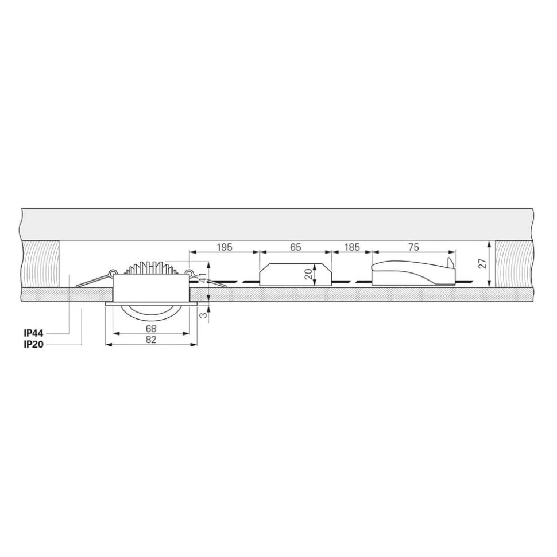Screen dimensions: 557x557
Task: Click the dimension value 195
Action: [225, 247]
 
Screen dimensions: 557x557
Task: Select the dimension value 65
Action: [296, 247]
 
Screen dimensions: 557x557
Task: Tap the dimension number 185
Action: [352, 247]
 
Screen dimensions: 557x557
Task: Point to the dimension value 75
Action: [413, 247]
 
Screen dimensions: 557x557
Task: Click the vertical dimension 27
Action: [483, 263]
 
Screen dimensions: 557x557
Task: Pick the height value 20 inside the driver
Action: [308, 274]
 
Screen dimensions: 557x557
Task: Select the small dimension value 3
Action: [203, 315]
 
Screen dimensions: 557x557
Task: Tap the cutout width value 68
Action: [151, 329]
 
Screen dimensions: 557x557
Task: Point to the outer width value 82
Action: [151, 340]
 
